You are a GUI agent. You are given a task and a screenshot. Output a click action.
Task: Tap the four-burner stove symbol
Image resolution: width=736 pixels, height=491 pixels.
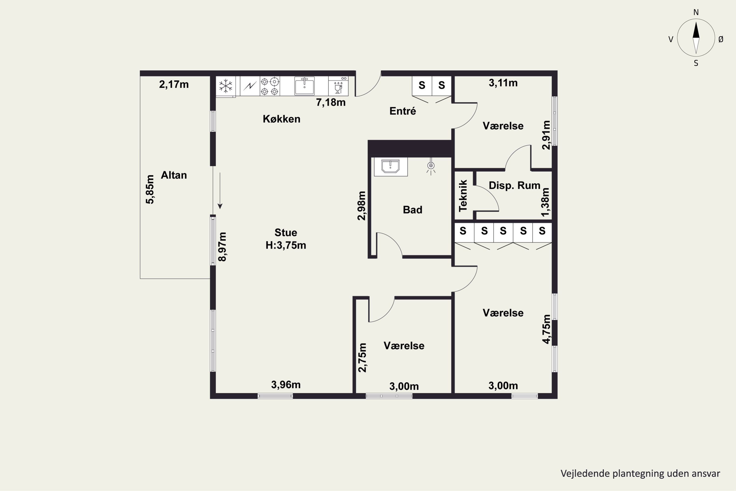(270, 86)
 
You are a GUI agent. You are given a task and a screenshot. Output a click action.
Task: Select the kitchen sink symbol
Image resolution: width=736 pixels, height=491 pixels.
(304, 86)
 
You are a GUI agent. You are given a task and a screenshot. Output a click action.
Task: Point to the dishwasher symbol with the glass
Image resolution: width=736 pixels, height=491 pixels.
(338, 86)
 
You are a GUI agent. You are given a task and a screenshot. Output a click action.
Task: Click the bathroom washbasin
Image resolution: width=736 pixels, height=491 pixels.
(391, 167)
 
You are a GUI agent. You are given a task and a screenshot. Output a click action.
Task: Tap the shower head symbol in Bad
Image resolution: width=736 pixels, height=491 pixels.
(431, 166)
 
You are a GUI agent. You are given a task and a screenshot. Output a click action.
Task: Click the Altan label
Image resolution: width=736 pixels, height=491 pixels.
(174, 175)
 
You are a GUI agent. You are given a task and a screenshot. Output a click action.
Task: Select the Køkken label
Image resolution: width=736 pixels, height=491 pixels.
(282, 119)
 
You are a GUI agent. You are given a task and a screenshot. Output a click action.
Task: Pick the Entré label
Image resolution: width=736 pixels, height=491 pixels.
(403, 111)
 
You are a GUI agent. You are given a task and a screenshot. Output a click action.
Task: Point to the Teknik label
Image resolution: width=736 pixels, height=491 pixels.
(463, 196)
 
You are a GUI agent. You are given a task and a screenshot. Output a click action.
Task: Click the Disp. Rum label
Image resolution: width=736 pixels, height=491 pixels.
(514, 185)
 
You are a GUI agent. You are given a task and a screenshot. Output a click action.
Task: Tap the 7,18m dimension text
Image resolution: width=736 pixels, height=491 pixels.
(331, 102)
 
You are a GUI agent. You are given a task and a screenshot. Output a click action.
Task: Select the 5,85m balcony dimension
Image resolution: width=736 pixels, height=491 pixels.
(150, 190)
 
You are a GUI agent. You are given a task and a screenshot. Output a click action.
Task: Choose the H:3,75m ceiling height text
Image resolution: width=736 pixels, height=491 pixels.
(286, 245)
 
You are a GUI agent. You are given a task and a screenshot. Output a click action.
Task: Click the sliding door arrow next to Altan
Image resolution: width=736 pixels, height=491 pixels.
(220, 191)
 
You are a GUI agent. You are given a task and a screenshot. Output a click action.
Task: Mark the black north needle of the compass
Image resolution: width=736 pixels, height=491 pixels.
(696, 30)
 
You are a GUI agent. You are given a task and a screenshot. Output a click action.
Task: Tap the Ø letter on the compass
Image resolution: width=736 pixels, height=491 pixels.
(721, 39)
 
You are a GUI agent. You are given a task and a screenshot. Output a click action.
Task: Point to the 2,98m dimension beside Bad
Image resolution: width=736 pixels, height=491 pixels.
(361, 206)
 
